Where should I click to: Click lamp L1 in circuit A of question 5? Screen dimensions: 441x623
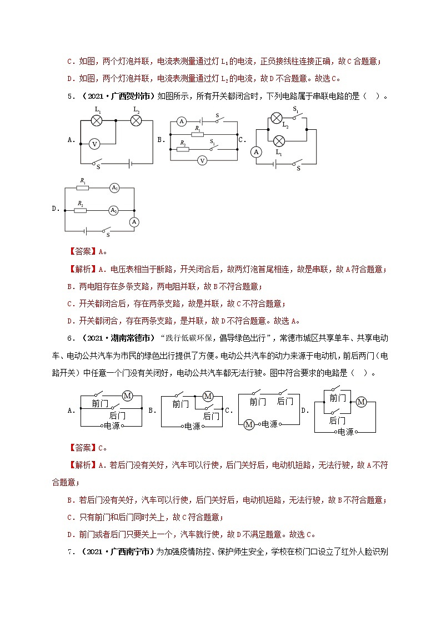point(97,120)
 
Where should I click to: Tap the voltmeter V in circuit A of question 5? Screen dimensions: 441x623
point(94,144)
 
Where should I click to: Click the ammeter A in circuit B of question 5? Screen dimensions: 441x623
point(181,121)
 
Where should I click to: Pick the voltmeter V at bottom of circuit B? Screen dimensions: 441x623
point(203,160)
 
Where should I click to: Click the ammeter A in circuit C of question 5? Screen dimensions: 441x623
point(256,151)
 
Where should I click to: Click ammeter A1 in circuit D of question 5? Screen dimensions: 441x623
point(114,188)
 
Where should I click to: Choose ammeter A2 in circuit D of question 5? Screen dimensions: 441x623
point(113,210)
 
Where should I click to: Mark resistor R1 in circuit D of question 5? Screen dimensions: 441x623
point(83,188)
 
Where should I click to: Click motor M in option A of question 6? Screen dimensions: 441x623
point(127,396)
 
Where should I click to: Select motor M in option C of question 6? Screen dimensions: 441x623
point(249,424)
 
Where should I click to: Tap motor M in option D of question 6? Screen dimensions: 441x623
point(362,402)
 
